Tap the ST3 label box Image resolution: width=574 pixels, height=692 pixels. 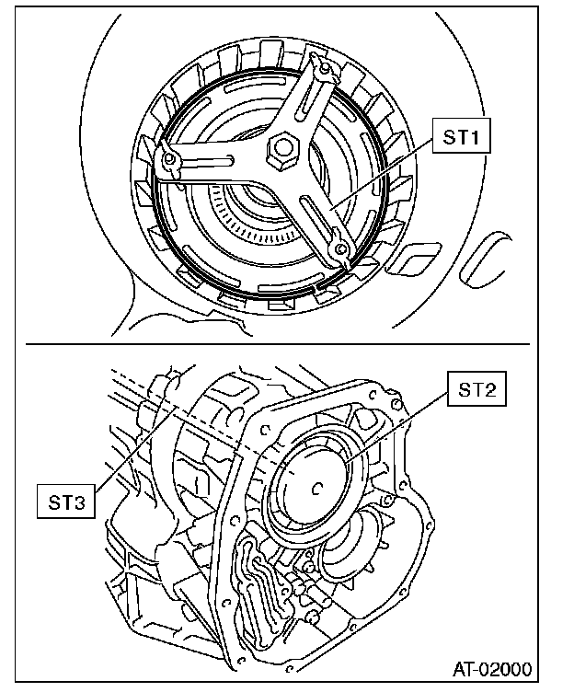click(x=66, y=502)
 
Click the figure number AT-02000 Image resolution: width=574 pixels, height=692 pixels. click(x=494, y=668)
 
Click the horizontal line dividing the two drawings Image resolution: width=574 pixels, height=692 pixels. click(x=276, y=343)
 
